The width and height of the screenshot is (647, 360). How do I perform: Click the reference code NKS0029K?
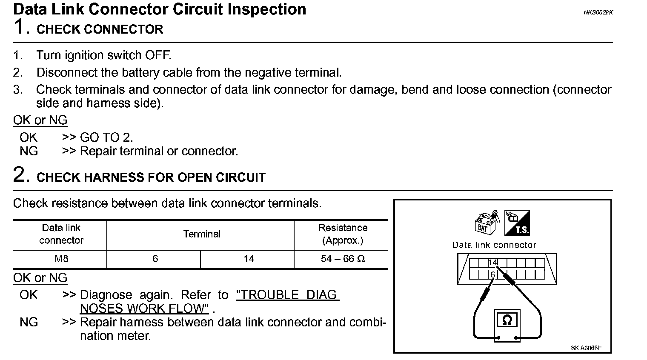[598, 12]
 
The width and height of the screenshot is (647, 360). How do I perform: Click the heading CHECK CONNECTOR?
[100, 29]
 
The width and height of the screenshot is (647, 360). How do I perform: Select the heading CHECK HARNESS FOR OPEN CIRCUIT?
[151, 177]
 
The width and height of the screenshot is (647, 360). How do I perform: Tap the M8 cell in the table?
[61, 259]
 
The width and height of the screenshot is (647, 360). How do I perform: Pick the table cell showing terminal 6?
[155, 259]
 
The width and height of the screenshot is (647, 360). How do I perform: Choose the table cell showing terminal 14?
[249, 259]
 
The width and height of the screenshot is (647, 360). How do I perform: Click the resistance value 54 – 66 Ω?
[343, 259]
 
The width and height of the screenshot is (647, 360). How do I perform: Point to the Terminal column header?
[202, 234]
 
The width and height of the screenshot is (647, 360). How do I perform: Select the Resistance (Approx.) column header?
[343, 234]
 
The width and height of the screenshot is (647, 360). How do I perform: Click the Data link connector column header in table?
[61, 234]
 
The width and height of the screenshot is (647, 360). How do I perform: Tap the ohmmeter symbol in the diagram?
[507, 320]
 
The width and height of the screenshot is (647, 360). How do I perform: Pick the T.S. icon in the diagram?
[517, 223]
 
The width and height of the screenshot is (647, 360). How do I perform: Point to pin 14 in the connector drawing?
[492, 263]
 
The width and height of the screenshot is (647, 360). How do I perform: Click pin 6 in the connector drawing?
[492, 275]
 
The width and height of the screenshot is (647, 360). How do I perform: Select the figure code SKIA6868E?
[586, 348]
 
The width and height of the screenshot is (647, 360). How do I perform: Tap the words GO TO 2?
[106, 137]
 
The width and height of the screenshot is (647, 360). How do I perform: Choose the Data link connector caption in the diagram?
[494, 245]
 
